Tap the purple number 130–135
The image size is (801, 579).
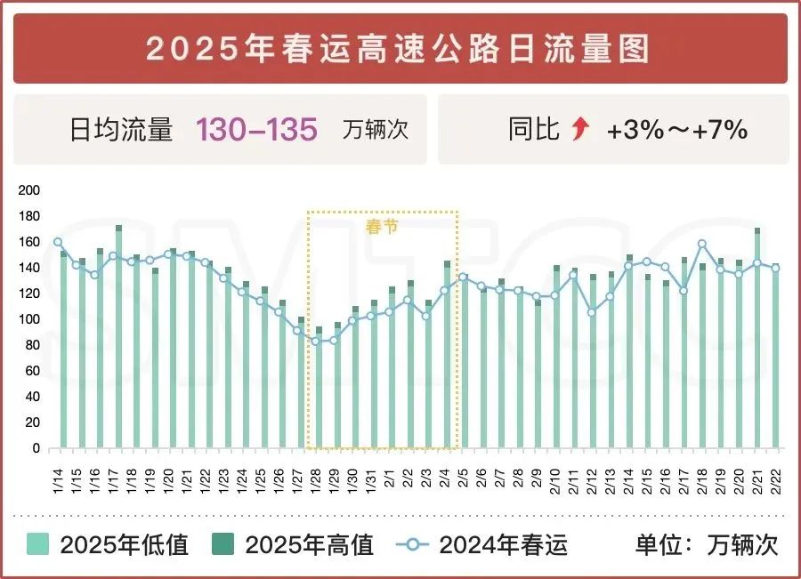coord(256,130)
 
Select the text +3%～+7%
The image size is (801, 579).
coord(676,131)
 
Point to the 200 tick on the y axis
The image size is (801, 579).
coord(29,190)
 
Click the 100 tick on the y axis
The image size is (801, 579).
coord(29,319)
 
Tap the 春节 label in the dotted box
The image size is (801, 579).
coord(381,226)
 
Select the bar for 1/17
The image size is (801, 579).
coord(118,338)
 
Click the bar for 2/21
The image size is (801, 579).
coord(757,338)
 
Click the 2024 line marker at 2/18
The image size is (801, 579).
coord(702,244)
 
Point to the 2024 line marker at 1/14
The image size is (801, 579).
coord(58,242)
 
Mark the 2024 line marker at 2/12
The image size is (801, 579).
coord(592,312)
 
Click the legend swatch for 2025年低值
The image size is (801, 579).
coord(38,544)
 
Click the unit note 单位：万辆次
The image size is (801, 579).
coord(707,544)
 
